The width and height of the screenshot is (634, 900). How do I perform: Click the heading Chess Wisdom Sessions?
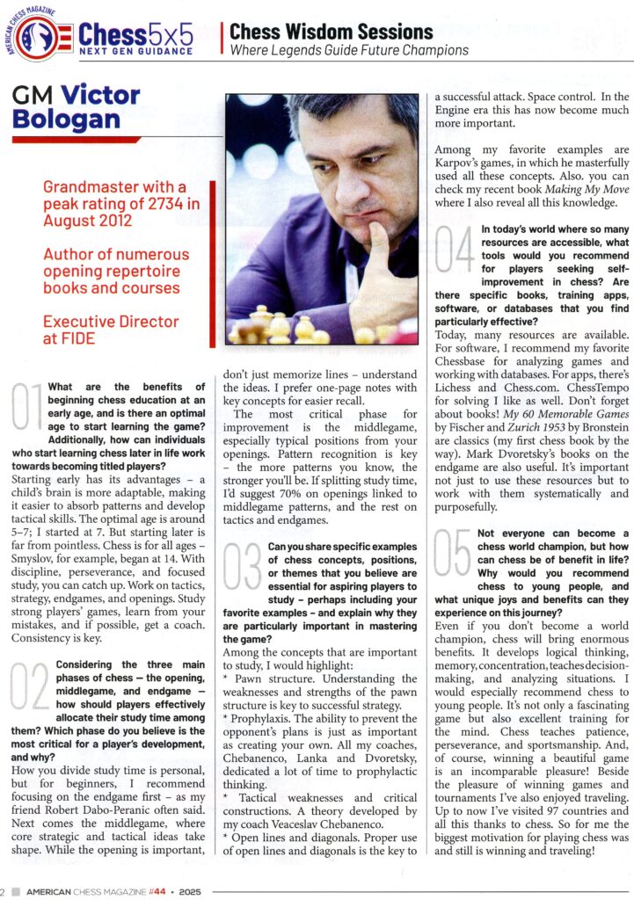[332, 32]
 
